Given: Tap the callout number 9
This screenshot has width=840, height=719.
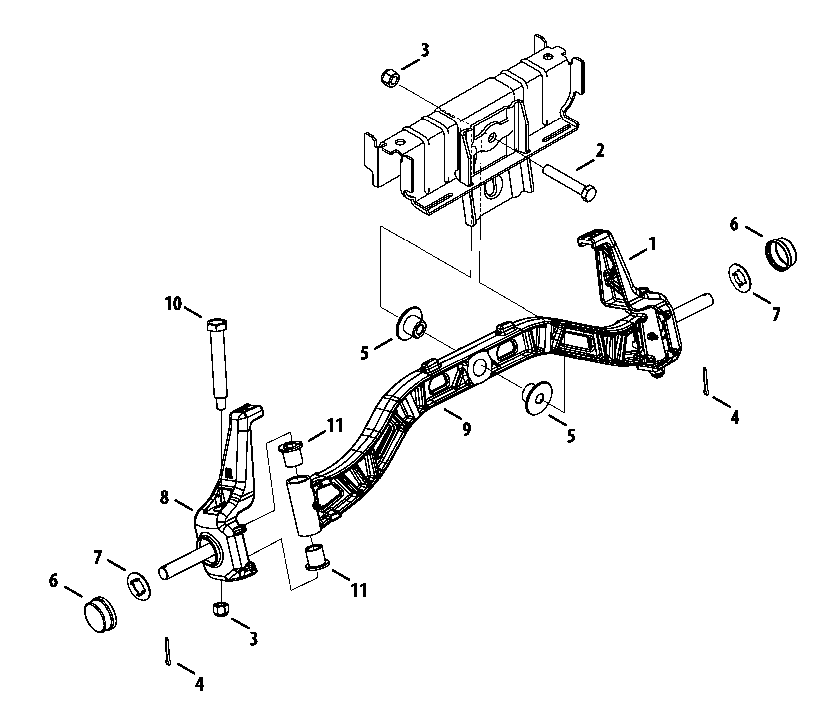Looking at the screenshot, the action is point(466,429).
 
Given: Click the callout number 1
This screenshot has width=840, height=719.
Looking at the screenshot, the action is point(651,244).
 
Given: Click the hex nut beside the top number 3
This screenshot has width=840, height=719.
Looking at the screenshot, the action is point(388,78).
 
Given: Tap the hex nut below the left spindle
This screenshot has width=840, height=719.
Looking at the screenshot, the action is point(220,608).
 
